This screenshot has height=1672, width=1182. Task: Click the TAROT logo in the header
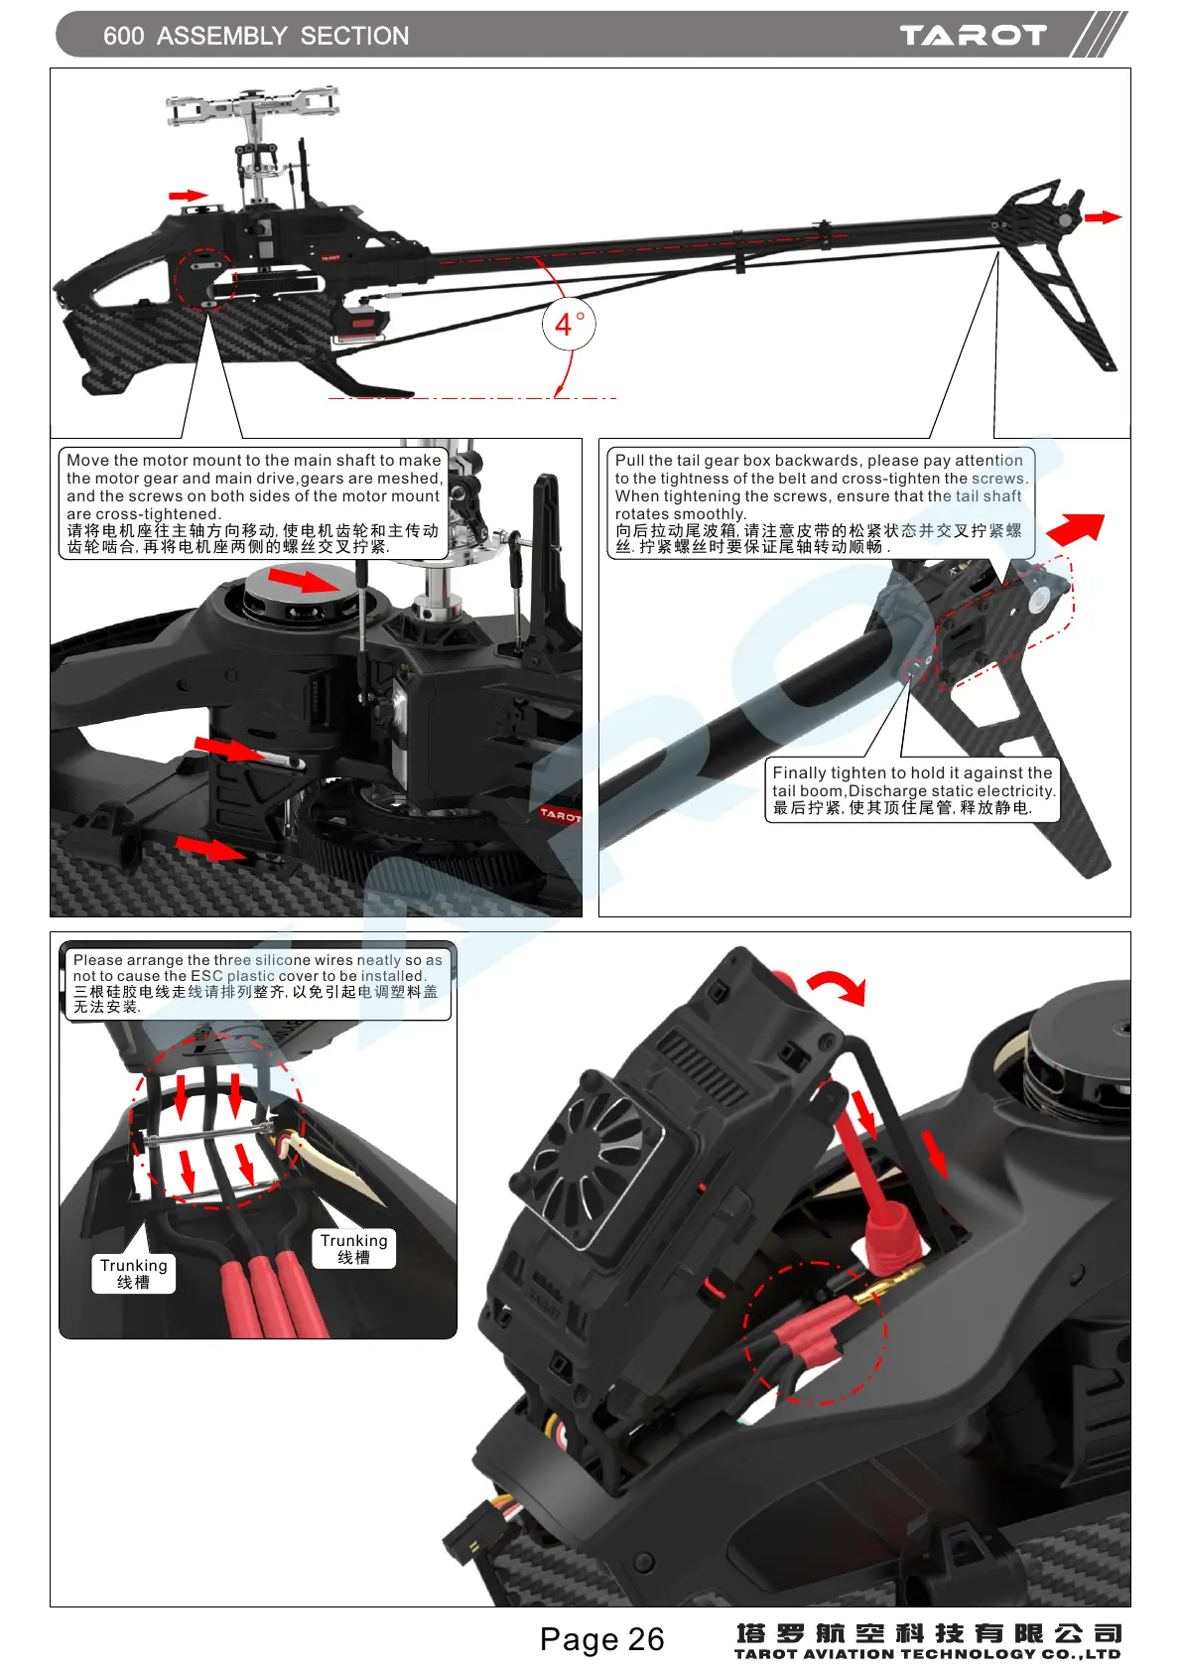(973, 36)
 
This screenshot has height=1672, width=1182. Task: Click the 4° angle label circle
(569, 324)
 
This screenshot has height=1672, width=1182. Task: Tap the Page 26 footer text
(601, 1638)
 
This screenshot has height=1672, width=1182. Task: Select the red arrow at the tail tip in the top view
(1102, 216)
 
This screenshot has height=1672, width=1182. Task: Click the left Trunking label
(134, 1273)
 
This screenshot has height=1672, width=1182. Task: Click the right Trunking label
(353, 1248)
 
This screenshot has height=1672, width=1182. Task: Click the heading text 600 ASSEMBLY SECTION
(256, 36)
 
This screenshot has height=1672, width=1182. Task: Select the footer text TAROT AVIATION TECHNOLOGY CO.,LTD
(927, 1654)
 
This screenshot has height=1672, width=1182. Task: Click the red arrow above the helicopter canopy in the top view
(188, 196)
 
